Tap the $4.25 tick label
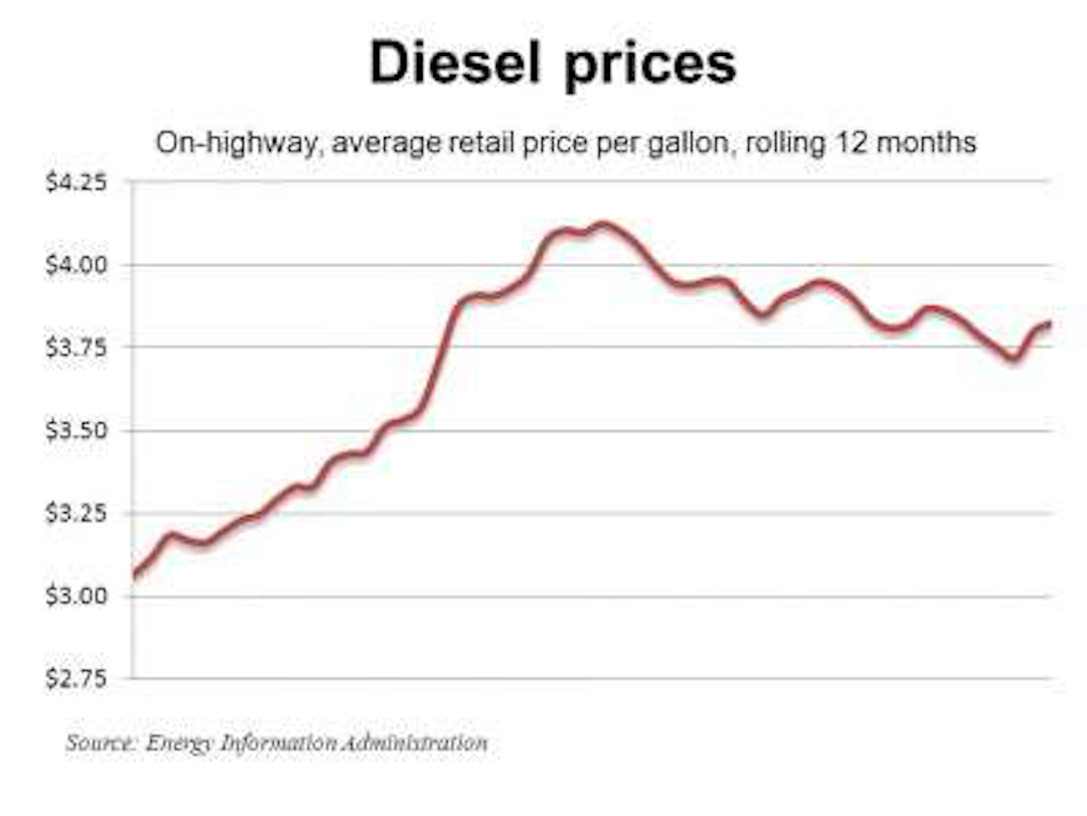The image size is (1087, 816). coord(75,182)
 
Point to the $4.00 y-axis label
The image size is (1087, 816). coord(75,265)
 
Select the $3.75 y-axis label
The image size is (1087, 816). coord(75,348)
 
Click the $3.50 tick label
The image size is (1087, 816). coord(75,431)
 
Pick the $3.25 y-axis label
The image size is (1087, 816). coord(75,513)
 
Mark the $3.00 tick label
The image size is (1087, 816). coord(75,596)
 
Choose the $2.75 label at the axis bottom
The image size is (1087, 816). coord(75,678)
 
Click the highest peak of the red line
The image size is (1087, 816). coord(602,224)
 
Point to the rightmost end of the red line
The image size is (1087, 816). coord(1049,323)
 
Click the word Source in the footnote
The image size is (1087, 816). coord(100,743)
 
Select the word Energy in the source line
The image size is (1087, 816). coord(179,743)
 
